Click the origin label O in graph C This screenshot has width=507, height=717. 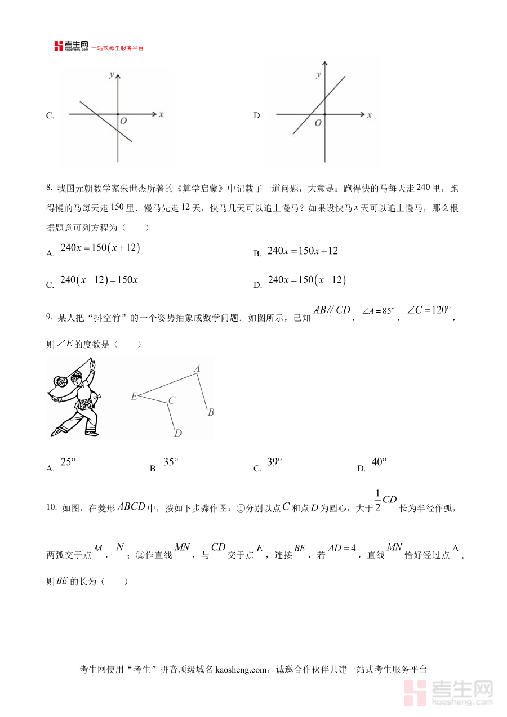click(123, 121)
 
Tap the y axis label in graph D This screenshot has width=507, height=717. click(319, 74)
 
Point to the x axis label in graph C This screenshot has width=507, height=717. click(161, 114)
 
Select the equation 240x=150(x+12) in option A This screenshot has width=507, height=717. click(100, 248)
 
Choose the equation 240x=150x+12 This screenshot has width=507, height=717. click(303, 251)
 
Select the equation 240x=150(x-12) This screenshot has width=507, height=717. click(306, 280)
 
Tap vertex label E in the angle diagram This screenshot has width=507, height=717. click(134, 397)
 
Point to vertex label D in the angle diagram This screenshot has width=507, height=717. click(177, 433)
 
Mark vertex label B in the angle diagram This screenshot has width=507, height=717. click(211, 412)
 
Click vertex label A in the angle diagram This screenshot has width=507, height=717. click(197, 369)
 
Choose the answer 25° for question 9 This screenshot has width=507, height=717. click(68, 462)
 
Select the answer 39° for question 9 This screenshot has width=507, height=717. click(274, 462)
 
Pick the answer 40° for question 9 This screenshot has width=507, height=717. click(379, 462)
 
